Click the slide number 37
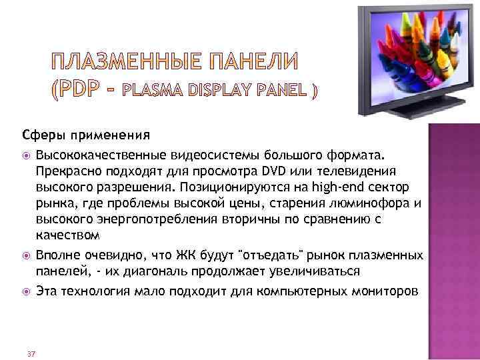[x=31, y=353]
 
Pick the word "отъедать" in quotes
[x=268, y=256]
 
